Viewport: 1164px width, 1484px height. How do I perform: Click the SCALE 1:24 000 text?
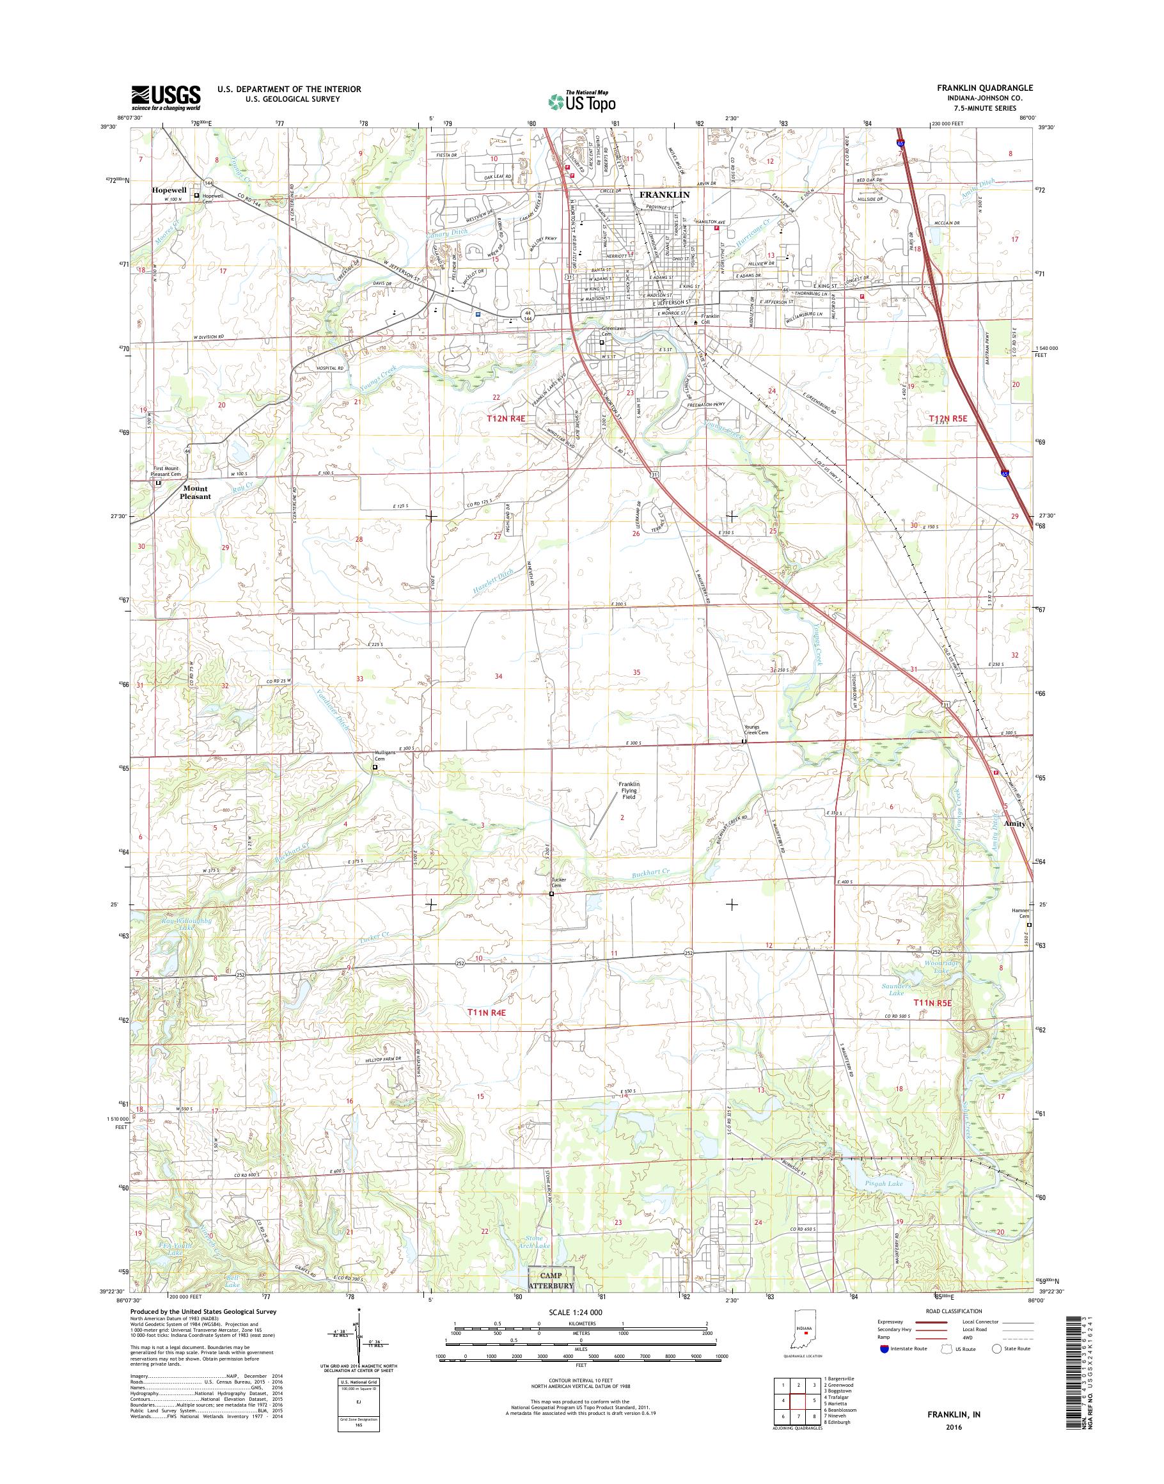point(570,1311)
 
